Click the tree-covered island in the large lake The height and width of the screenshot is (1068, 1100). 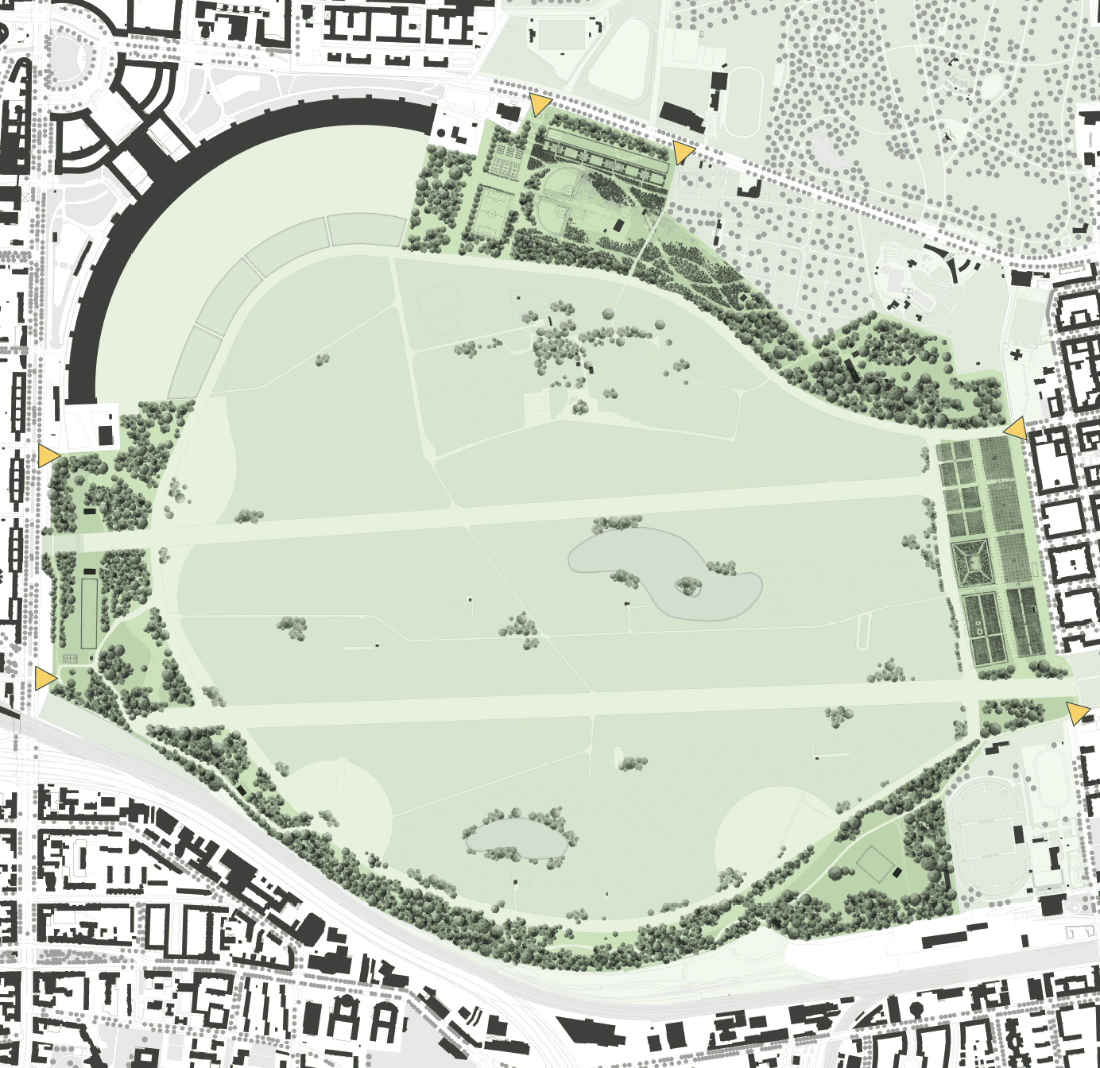(x=687, y=587)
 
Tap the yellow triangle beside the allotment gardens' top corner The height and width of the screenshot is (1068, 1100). (x=1015, y=429)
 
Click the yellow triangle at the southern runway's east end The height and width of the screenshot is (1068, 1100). (x=1077, y=713)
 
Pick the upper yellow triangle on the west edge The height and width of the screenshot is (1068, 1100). (x=48, y=455)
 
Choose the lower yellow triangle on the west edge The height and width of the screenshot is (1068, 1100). (x=45, y=678)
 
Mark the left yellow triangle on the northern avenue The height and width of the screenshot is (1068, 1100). (x=540, y=104)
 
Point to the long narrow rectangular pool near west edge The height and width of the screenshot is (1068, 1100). (x=89, y=613)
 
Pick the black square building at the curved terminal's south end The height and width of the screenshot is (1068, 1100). (x=105, y=435)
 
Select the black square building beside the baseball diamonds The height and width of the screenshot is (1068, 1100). (x=618, y=226)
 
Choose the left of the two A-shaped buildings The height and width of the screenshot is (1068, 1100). (x=346, y=1020)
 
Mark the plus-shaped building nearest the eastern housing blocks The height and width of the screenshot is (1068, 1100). (x=1017, y=354)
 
